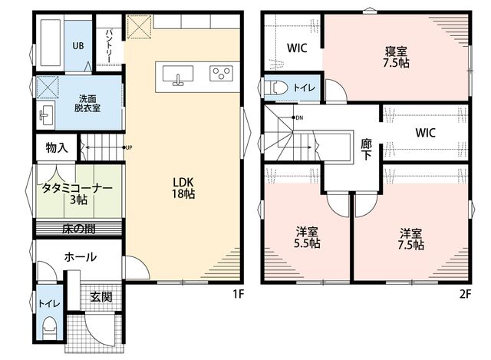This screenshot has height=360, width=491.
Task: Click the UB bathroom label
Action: pyautogui.click(x=78, y=46)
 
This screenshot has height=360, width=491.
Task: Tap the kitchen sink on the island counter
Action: pyautogui.click(x=178, y=75)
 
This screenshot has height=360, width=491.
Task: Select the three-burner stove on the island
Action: pyautogui.click(x=221, y=74)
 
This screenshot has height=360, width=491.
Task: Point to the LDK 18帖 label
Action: pyautogui.click(x=183, y=188)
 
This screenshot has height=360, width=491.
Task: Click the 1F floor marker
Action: pyautogui.click(x=238, y=294)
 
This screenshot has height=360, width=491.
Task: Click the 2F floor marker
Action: pyautogui.click(x=465, y=294)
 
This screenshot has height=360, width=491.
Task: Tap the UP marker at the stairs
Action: pyautogui.click(x=128, y=147)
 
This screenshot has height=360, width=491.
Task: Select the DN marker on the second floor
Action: pyautogui.click(x=299, y=117)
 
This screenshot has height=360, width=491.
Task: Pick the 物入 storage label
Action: pyautogui.click(x=57, y=147)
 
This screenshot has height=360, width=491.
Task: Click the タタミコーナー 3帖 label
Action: pyautogui.click(x=77, y=194)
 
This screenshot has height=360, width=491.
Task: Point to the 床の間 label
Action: pyautogui.click(x=78, y=229)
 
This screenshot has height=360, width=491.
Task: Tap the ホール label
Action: pyautogui.click(x=80, y=257)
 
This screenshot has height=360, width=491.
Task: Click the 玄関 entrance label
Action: pyautogui.click(x=101, y=297)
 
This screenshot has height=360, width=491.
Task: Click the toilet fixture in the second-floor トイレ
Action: pyautogui.click(x=276, y=88)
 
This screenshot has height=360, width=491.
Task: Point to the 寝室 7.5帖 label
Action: pyautogui.click(x=396, y=57)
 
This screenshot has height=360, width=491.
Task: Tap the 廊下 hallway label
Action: pyautogui.click(x=366, y=150)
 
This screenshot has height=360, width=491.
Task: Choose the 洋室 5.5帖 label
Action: pyautogui.click(x=307, y=238)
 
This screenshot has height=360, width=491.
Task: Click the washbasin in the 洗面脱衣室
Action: pyautogui.click(x=46, y=115)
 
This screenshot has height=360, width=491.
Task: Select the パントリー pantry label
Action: pyautogui.click(x=109, y=46)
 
